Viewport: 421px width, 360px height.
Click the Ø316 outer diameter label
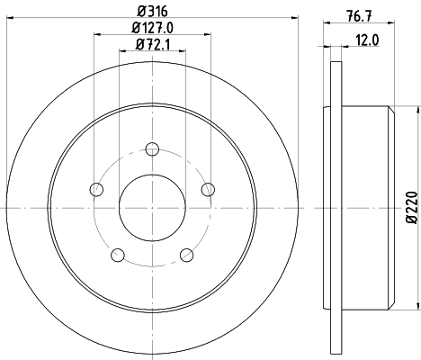151,12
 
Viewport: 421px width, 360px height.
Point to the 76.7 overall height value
358,13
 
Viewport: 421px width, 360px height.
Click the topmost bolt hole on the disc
152,148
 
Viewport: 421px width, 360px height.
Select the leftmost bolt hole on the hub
95,189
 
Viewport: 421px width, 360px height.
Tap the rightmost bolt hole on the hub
208,189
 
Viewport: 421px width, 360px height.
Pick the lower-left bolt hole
117,255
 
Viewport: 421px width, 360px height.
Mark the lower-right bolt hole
186,255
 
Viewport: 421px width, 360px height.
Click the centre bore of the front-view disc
151,208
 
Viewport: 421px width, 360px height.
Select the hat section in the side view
365,208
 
